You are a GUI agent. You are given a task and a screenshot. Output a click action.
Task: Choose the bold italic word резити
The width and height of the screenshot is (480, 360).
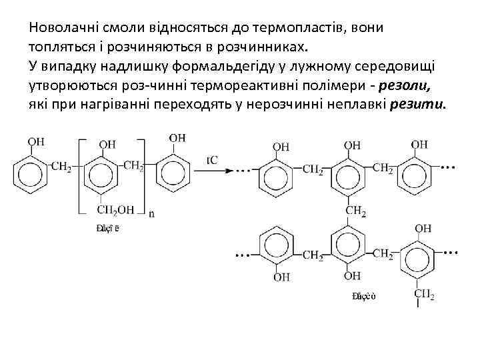(420, 106)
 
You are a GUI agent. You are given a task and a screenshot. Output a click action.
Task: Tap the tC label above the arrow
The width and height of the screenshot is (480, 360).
(213, 160)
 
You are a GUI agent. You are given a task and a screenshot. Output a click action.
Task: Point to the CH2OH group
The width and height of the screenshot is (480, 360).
(116, 210)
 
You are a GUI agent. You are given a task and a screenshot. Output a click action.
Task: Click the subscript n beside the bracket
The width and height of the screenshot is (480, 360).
(153, 215)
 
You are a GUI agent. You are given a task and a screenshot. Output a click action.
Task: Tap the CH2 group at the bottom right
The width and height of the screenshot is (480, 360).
(424, 294)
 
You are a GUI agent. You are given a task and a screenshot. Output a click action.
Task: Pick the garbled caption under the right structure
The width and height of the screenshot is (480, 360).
(363, 296)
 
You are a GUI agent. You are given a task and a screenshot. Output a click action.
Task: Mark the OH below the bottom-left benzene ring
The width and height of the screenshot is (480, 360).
(282, 275)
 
